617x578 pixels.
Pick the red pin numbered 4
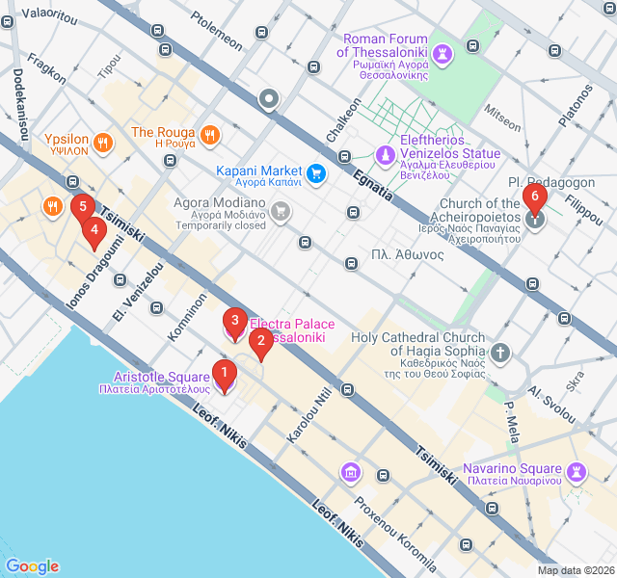pyautogui.click(x=94, y=232)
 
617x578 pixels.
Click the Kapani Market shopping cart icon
pyautogui.click(x=316, y=174)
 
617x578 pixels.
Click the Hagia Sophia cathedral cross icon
pyautogui.click(x=499, y=353)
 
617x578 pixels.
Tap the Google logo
pyautogui.click(x=32, y=566)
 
